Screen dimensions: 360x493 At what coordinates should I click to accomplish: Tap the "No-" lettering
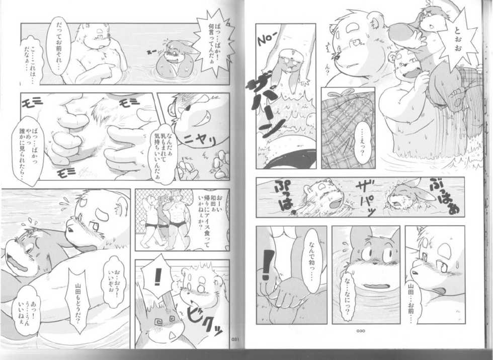pyautogui.click(x=266, y=39)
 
